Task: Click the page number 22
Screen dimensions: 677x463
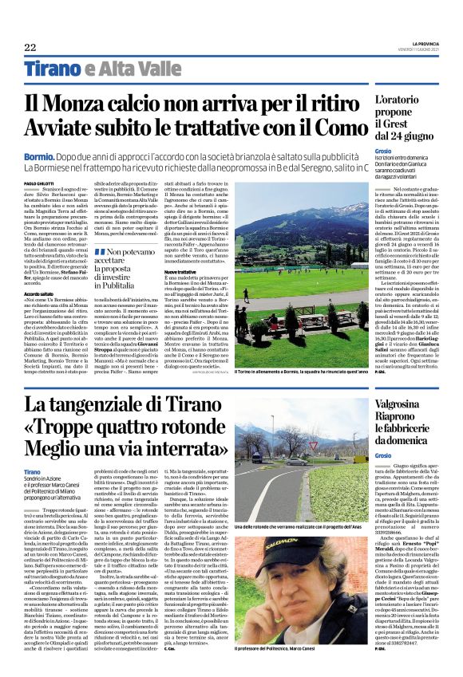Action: (30, 47)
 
